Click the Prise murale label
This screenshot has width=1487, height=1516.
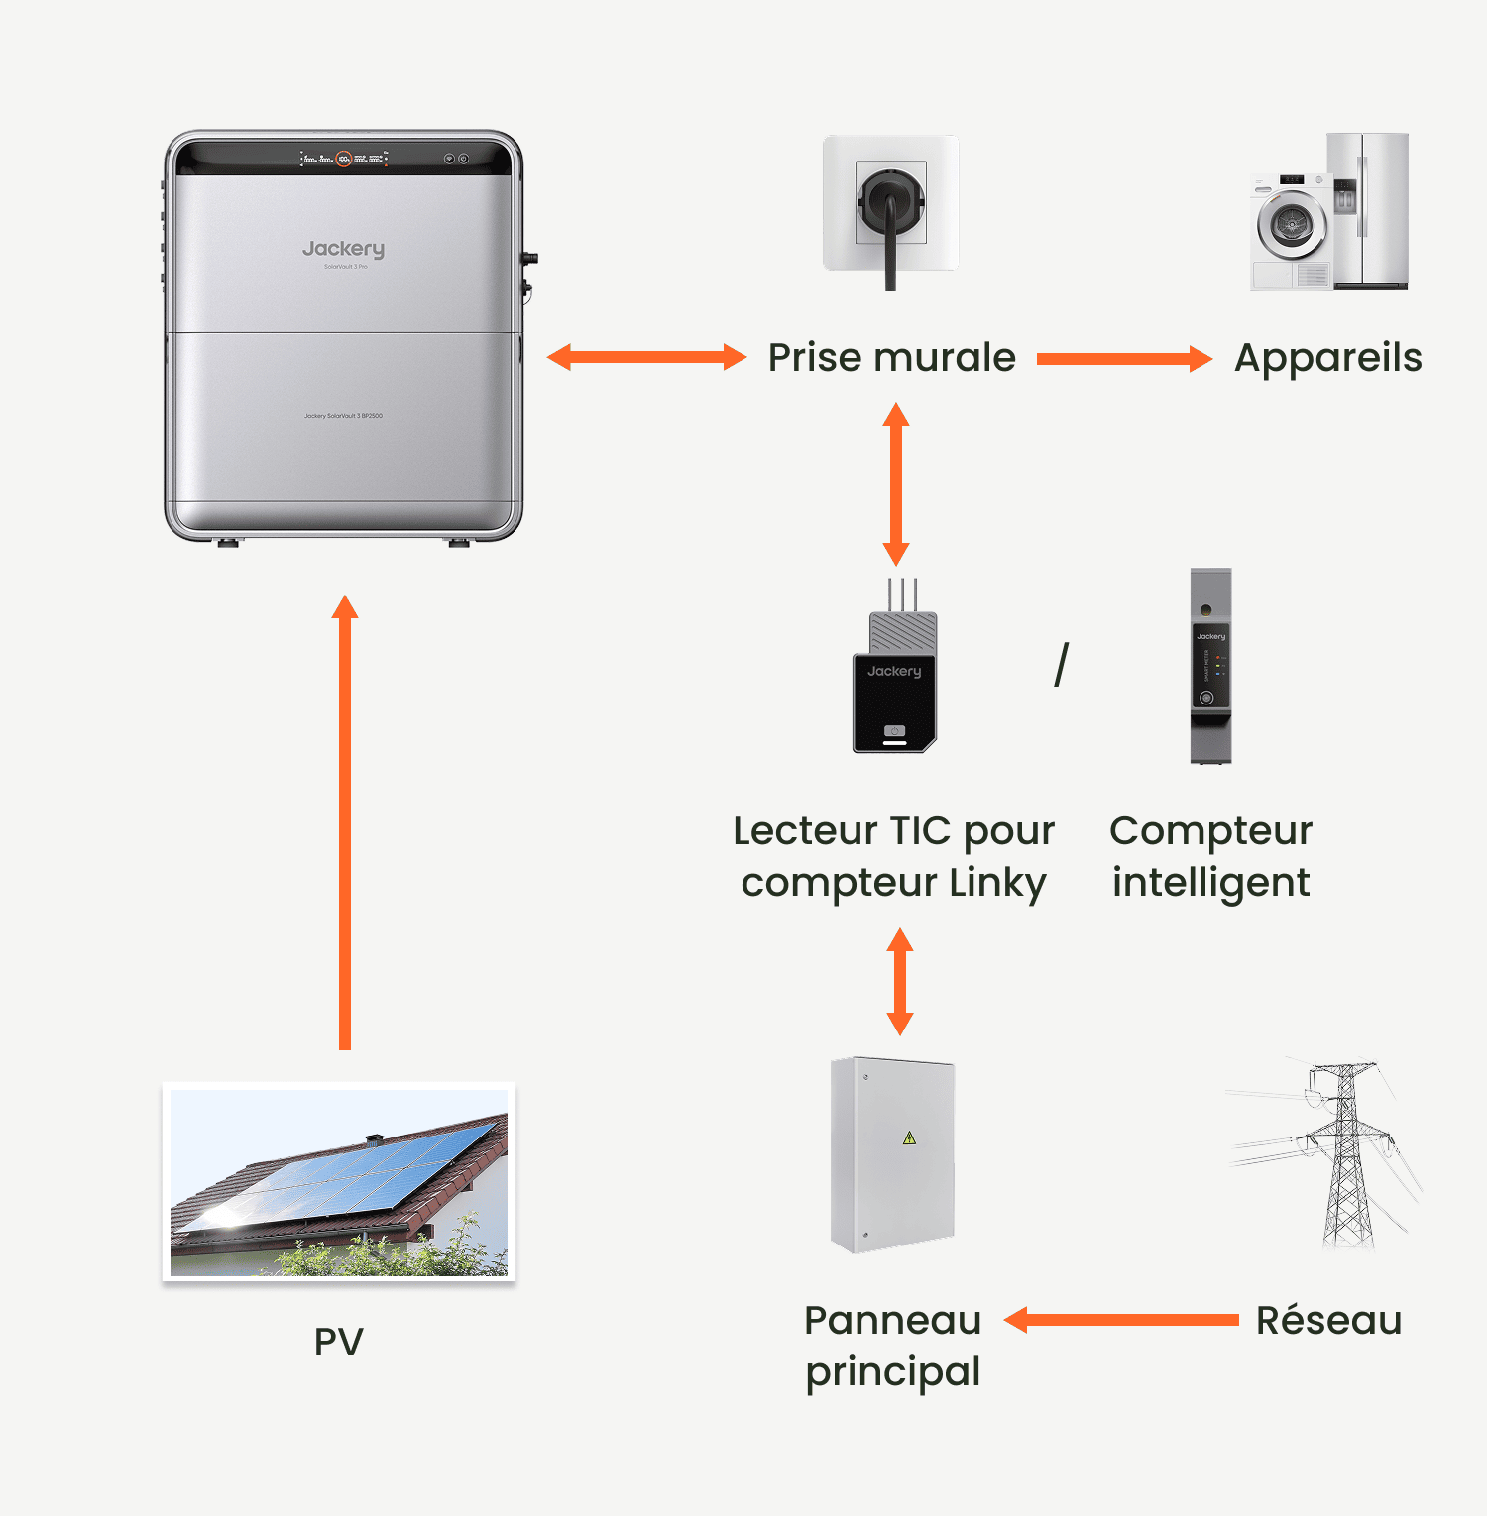(891, 358)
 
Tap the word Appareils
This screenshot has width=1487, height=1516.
(1327, 358)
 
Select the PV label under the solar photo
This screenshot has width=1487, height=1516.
(339, 1342)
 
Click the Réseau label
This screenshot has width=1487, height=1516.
(1328, 1321)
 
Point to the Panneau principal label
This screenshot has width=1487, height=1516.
(892, 1346)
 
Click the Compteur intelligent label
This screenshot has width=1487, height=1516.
(1210, 856)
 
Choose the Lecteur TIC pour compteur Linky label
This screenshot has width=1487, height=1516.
(893, 856)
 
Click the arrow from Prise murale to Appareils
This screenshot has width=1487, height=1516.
(1124, 358)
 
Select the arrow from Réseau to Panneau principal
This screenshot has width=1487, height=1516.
(1121, 1320)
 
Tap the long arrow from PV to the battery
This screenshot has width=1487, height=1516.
(345, 822)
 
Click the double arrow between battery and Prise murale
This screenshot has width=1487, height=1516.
(646, 357)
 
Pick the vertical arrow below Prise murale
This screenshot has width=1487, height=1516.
(896, 484)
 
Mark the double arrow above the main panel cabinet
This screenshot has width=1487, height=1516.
(899, 981)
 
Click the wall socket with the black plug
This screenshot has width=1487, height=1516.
(890, 204)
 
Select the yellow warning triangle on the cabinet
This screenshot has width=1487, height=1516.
(909, 1137)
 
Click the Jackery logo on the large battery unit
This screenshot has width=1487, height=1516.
(343, 249)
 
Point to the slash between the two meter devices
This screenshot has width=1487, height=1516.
(1062, 664)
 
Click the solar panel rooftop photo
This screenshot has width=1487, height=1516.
(339, 1181)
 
